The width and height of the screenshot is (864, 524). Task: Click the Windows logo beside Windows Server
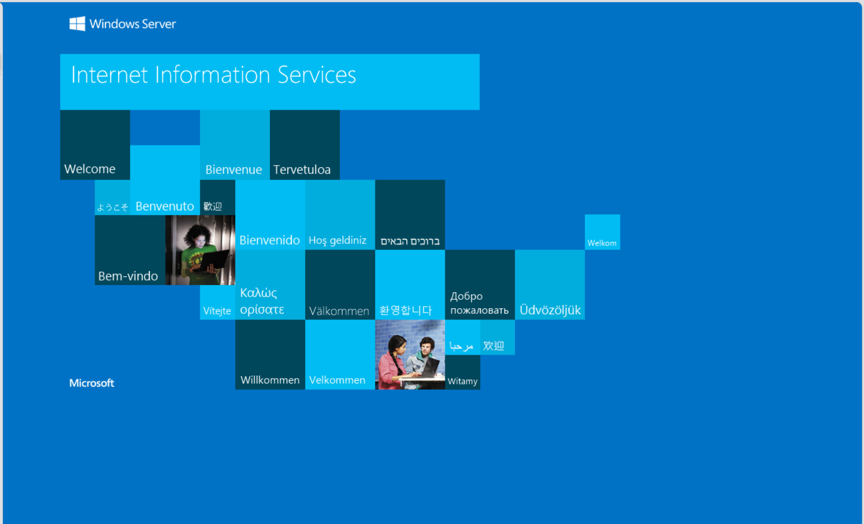(77, 23)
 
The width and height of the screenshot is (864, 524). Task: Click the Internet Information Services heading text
(213, 75)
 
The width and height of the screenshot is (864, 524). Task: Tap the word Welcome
(90, 169)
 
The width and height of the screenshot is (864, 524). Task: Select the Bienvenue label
(234, 170)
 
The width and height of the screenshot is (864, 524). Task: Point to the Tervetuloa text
(302, 170)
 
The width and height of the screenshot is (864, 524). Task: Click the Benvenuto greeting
(165, 206)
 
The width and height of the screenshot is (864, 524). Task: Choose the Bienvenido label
(270, 240)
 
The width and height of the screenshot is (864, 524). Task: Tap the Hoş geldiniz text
(338, 241)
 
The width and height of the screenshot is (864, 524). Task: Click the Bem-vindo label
(128, 276)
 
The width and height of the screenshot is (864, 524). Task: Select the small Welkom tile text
(602, 243)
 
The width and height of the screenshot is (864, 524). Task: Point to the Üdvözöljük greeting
(550, 309)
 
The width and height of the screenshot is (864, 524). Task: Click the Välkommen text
(339, 311)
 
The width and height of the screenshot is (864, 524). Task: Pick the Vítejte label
(217, 310)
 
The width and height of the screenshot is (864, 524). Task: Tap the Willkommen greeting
(270, 380)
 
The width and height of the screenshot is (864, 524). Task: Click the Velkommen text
(337, 380)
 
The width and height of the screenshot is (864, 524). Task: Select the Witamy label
(462, 381)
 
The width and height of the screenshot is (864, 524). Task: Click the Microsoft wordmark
(92, 383)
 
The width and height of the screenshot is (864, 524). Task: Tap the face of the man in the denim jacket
(426, 347)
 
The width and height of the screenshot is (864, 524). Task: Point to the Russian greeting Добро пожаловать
(479, 303)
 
